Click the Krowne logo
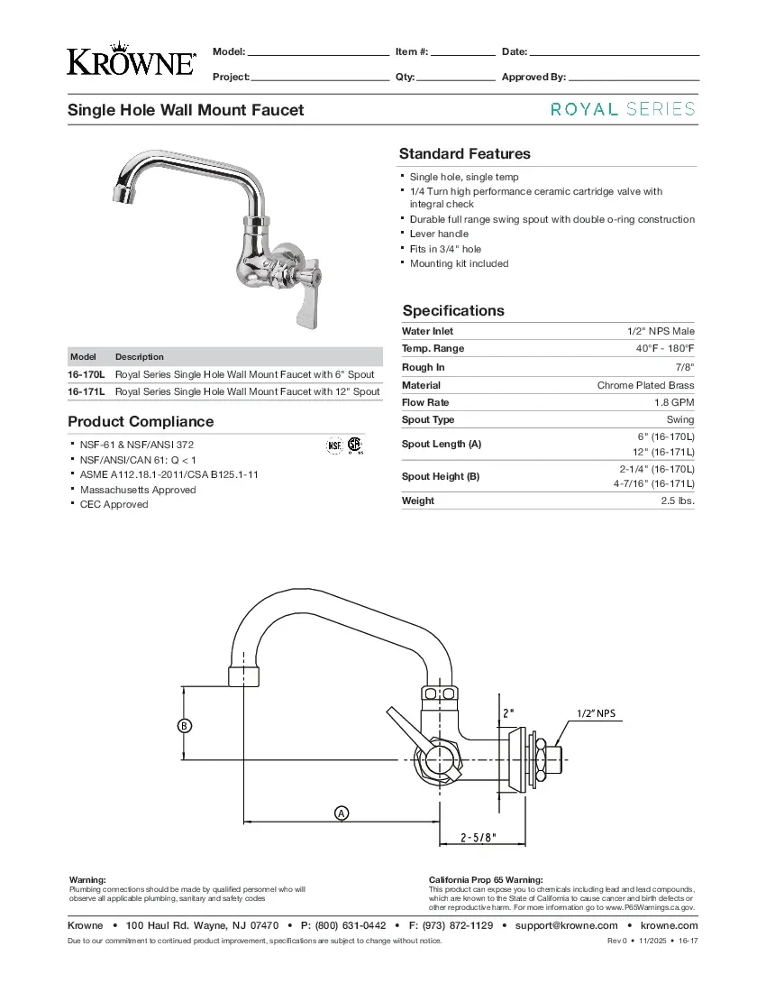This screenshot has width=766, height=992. [131, 60]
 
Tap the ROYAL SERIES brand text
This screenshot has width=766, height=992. [623, 109]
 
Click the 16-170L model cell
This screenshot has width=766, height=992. [87, 374]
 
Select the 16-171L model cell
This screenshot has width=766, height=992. [87, 391]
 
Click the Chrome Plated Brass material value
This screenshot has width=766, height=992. [645, 385]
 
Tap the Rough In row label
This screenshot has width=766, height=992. [423, 367]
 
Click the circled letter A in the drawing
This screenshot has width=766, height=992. [342, 813]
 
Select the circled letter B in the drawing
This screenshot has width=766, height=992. [183, 724]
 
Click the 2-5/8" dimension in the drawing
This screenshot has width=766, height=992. [479, 837]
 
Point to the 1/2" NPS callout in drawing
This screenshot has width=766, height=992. [596, 713]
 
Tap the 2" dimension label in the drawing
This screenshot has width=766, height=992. [508, 712]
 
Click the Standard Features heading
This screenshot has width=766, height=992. [464, 153]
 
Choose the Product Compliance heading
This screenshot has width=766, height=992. [141, 421]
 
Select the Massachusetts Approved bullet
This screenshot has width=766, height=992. [138, 490]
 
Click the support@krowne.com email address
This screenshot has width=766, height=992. [566, 925]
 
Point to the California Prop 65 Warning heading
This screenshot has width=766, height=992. [485, 879]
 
